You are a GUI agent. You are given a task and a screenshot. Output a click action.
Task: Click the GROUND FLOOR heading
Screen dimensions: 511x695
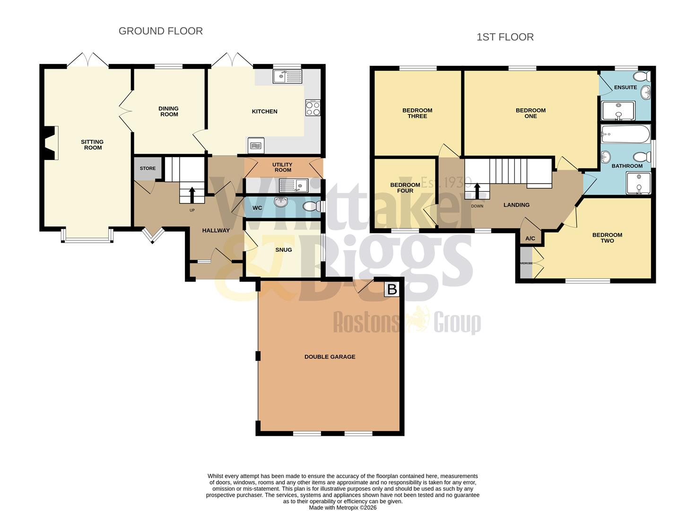(160, 31)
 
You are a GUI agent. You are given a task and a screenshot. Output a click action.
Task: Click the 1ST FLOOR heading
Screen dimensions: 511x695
(505, 37)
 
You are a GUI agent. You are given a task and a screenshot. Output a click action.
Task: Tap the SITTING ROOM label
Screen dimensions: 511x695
(93, 145)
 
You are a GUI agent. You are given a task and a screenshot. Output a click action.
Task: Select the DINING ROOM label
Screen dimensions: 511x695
(169, 111)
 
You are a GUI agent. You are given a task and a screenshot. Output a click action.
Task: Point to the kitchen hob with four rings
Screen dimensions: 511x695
(313, 108)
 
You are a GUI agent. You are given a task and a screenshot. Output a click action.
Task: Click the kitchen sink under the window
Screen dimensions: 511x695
(287, 76)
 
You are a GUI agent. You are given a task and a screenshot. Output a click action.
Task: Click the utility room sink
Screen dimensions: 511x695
(294, 185)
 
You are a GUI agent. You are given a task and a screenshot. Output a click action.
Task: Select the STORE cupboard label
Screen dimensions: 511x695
(148, 168)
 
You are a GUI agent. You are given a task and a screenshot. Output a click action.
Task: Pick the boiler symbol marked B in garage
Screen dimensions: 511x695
(392, 289)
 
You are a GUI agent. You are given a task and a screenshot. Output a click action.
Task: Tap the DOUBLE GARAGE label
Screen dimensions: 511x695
(330, 357)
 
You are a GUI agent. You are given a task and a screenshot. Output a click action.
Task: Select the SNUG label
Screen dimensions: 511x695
(283, 250)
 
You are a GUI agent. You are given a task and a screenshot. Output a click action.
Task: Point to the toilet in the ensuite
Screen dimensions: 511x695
(643, 77)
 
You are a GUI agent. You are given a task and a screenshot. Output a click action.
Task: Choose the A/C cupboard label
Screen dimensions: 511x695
(530, 238)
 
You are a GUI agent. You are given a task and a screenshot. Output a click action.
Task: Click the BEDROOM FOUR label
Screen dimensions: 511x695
(405, 188)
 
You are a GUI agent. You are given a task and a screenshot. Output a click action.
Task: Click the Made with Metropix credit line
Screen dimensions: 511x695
(342, 508)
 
